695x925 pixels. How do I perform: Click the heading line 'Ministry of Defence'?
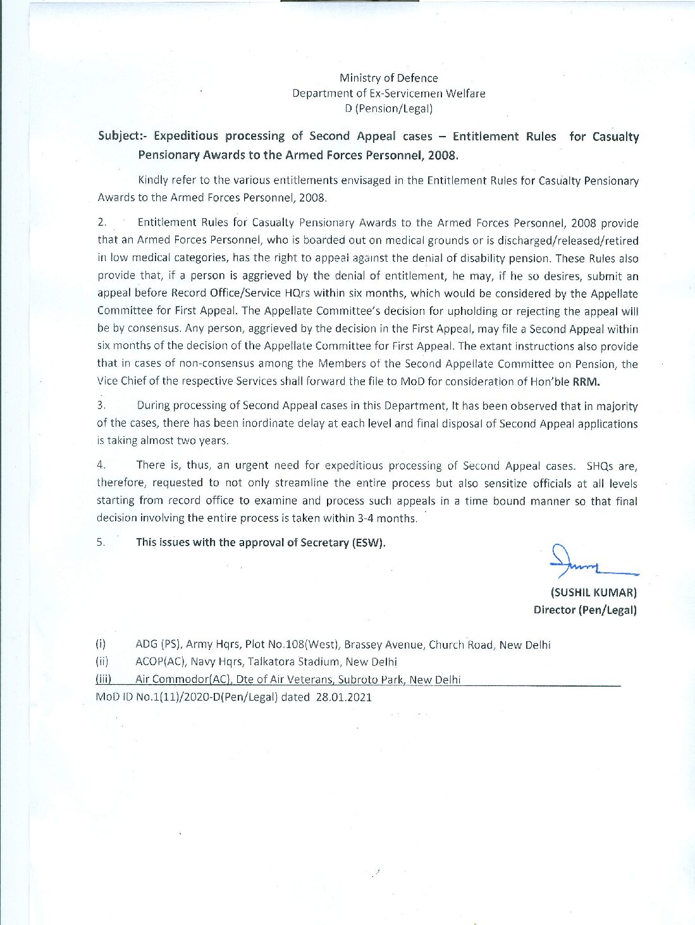(x=388, y=78)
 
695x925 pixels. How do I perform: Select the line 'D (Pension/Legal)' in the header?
(x=388, y=108)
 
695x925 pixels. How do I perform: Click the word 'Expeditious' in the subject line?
(x=188, y=136)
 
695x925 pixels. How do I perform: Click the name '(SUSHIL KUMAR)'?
(x=594, y=592)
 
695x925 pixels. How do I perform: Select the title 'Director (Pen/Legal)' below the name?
(x=585, y=610)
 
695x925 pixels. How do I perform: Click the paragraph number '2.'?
(x=102, y=223)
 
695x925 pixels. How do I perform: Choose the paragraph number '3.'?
(x=101, y=405)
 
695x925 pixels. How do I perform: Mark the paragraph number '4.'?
(x=101, y=465)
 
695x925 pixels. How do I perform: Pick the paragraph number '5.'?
(x=101, y=542)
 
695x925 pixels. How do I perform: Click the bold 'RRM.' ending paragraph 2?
(x=586, y=381)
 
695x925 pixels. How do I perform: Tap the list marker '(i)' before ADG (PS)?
(x=101, y=645)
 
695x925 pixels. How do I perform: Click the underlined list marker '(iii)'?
(x=104, y=680)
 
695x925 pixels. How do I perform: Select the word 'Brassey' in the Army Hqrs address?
(x=364, y=645)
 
